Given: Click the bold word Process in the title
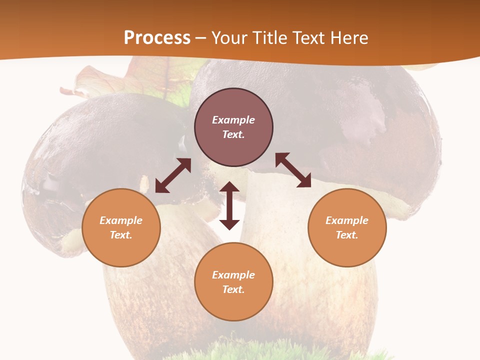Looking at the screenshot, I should pyautogui.click(x=157, y=38).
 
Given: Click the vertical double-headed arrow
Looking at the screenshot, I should pyautogui.click(x=229, y=205).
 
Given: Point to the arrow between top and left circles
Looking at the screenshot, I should pyautogui.click(x=173, y=175).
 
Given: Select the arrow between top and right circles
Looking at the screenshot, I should pyautogui.click(x=293, y=170).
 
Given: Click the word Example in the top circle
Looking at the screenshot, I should pyautogui.click(x=233, y=120).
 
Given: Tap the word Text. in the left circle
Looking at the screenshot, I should pyautogui.click(x=121, y=235).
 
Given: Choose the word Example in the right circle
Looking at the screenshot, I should pyautogui.click(x=347, y=220).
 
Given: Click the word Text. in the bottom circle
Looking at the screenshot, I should pyautogui.click(x=233, y=289).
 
